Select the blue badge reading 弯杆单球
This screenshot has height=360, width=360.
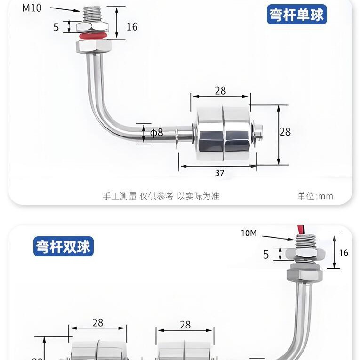pos(296,15)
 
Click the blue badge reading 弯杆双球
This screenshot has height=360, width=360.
pos(64,247)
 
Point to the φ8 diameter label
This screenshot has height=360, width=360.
pos(157,133)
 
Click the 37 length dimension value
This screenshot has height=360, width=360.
pos(220,173)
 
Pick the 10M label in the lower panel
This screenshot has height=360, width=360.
pos(248,233)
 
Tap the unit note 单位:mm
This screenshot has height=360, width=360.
pos(315,196)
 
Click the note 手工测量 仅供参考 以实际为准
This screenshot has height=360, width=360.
pos(161,196)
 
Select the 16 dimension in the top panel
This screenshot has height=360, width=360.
pos(132,27)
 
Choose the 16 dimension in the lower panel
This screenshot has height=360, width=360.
pos(344,253)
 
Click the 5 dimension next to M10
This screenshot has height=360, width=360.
pos(56,27)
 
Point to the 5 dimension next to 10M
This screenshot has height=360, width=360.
pos(266,255)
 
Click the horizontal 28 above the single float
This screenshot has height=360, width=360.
pos(220,91)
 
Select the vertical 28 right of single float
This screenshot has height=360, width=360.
pos(285,132)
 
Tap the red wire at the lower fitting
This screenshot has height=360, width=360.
pos(298,230)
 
